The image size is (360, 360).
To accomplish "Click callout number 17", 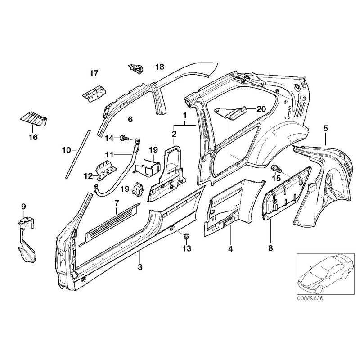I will pyautogui.click(x=94, y=73).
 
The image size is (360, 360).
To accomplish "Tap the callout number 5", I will pyautogui.click(x=326, y=129).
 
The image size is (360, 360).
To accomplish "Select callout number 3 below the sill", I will pyautogui.click(x=140, y=267).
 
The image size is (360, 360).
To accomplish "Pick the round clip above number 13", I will pyautogui.click(x=187, y=235).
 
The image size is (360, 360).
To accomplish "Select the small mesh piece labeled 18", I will pyautogui.click(x=135, y=68).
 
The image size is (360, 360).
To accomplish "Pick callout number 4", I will pyautogui.click(x=230, y=248).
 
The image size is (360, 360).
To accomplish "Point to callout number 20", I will pyautogui.click(x=249, y=108).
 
